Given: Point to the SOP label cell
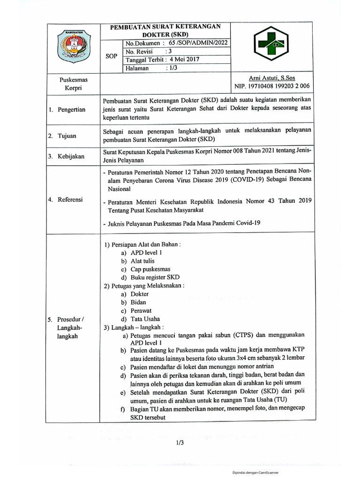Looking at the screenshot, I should [x=112, y=56].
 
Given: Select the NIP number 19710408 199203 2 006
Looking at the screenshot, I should [x=276, y=86].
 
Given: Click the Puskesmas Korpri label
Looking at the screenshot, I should [x=70, y=84].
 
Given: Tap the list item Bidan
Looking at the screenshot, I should [x=139, y=302].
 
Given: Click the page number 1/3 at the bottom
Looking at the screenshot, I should [x=180, y=442].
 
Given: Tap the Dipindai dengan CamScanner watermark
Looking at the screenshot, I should [x=255, y=473].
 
